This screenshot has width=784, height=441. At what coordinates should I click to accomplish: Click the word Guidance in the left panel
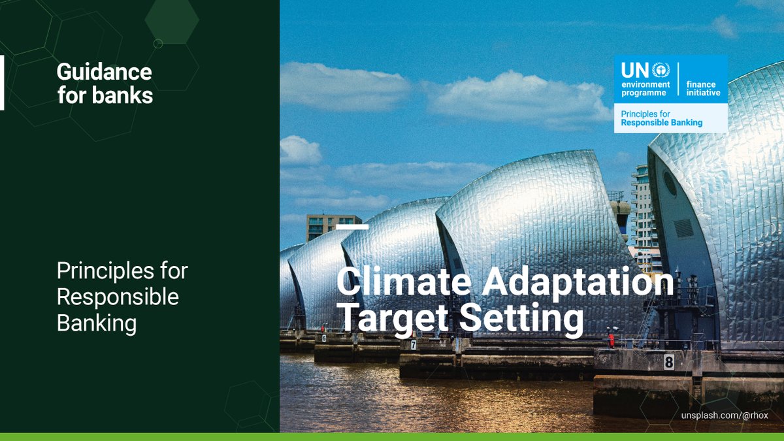[104, 71]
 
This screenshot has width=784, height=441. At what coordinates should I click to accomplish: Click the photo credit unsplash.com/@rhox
[725, 416]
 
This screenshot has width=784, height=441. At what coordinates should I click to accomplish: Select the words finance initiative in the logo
[703, 89]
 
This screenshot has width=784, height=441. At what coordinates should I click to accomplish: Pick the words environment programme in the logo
[645, 89]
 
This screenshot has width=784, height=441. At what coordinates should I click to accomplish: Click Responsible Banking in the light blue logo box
[662, 122]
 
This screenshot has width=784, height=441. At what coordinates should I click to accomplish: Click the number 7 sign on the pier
[414, 344]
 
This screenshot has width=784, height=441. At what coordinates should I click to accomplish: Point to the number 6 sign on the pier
[323, 338]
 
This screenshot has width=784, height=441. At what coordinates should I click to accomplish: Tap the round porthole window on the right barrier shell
[670, 184]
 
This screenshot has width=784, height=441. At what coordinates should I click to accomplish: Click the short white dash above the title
[352, 227]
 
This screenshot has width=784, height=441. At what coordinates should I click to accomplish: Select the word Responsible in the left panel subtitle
[118, 297]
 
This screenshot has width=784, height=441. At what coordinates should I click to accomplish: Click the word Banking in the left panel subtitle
[97, 323]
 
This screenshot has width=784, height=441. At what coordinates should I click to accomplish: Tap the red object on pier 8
[612, 340]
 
